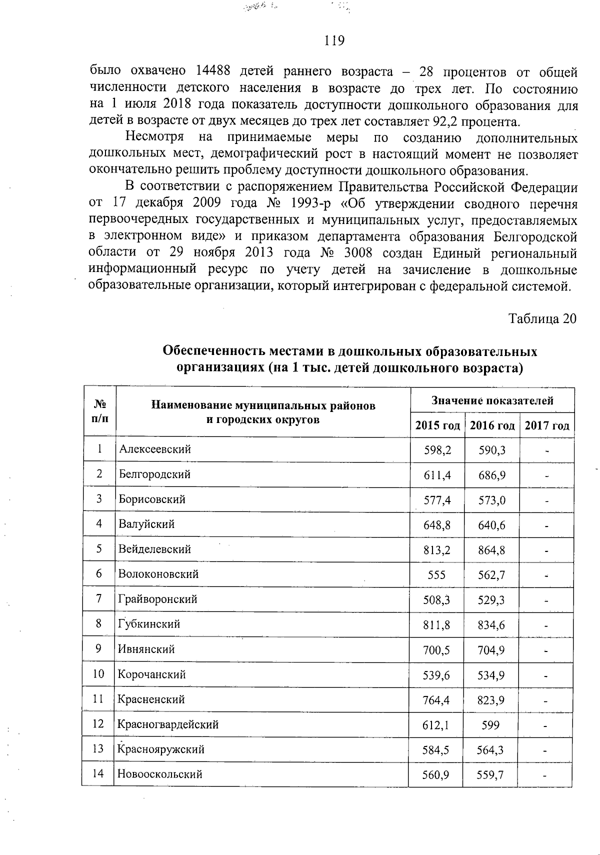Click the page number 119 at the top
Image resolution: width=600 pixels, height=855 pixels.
(334, 40)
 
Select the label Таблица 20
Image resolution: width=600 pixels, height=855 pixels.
(542, 318)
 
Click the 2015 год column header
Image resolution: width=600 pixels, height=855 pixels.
(437, 425)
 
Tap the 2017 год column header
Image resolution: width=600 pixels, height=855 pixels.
(547, 425)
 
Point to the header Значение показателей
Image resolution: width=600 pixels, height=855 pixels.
(492, 400)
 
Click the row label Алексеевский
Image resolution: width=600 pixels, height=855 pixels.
(154, 449)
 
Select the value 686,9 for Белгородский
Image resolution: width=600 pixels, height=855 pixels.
(491, 475)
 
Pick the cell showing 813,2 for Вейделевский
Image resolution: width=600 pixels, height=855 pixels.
(437, 550)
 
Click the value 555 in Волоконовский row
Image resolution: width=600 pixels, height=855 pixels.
(437, 575)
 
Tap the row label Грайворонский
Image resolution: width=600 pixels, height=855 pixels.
(157, 599)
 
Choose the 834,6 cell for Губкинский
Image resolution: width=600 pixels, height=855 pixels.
(491, 625)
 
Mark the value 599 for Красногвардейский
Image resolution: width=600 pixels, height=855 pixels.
(490, 725)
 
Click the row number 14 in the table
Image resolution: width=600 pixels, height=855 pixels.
(98, 774)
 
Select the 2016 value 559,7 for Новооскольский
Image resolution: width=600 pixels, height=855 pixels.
(490, 775)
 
